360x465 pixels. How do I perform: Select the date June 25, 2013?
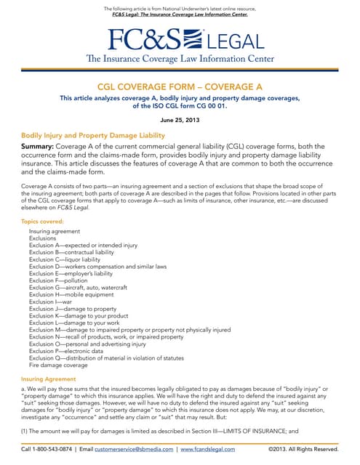coord(180,118)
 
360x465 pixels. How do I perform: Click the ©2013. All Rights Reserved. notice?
coord(303,450)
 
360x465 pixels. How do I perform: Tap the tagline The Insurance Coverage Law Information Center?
coord(180,58)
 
